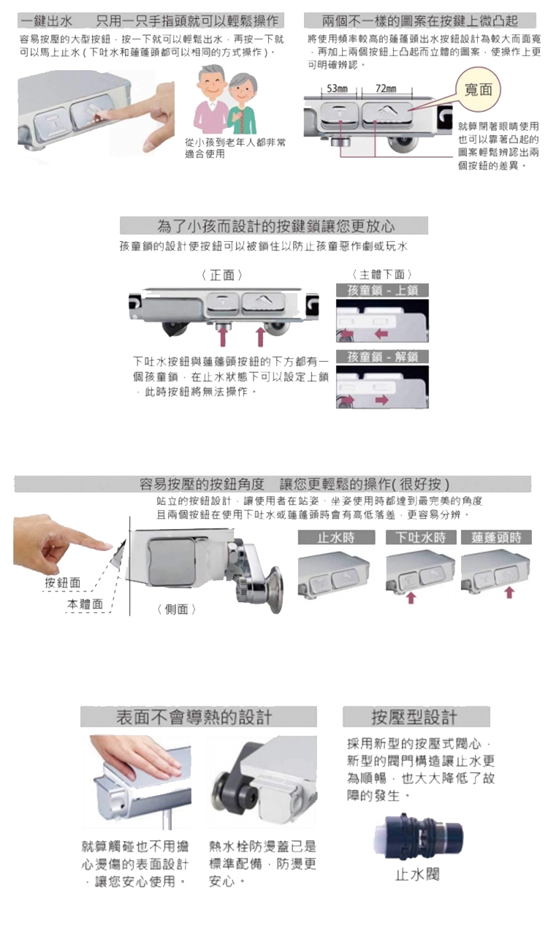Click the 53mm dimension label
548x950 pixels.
click(x=337, y=88)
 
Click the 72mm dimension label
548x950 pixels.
click(x=386, y=88)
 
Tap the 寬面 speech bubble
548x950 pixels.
click(x=479, y=89)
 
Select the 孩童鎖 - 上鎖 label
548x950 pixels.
click(x=383, y=291)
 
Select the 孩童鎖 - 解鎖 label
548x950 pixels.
click(x=383, y=357)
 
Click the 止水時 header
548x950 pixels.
click(x=336, y=537)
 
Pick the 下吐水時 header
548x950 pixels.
click(x=421, y=537)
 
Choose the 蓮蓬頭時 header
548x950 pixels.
click(x=496, y=537)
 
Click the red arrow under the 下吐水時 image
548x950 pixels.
click(x=411, y=598)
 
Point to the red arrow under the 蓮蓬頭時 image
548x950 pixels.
click(x=509, y=592)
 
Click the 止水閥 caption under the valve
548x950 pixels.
click(x=417, y=874)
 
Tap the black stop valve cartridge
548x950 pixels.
click(x=418, y=837)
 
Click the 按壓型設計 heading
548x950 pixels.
click(x=416, y=717)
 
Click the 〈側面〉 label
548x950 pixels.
click(x=176, y=609)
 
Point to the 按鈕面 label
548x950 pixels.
click(x=63, y=582)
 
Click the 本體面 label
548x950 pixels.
click(x=85, y=604)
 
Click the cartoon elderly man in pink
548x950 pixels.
click(x=211, y=99)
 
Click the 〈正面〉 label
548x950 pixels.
click(x=222, y=275)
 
